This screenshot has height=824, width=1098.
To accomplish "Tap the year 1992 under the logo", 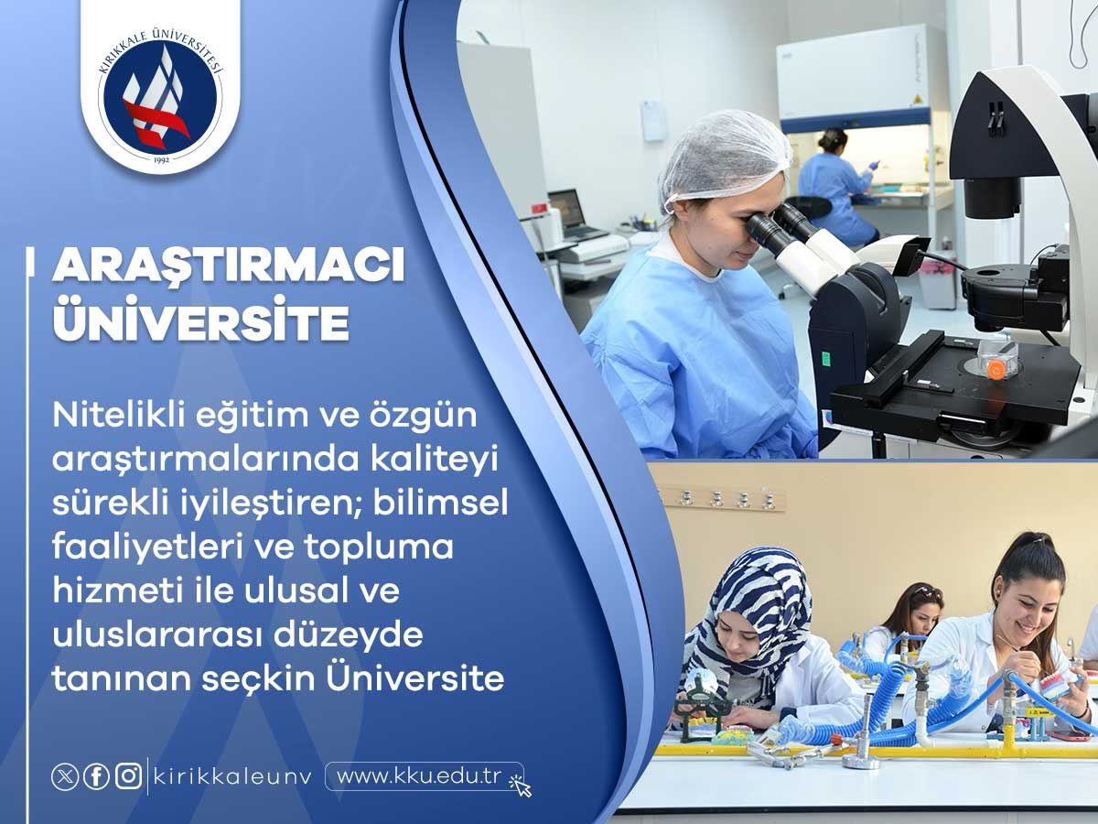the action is pyautogui.click(x=162, y=159).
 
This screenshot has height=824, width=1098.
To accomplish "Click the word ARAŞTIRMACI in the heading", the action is pyautogui.click(x=229, y=266).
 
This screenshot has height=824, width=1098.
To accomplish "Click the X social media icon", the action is pyautogui.click(x=65, y=777).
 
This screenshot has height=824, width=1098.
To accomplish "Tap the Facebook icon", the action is pyautogui.click(x=97, y=777).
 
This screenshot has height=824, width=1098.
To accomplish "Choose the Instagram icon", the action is pyautogui.click(x=129, y=776).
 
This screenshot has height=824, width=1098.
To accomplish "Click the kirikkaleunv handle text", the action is pyautogui.click(x=232, y=777).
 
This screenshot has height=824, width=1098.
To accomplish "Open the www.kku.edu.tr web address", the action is pyautogui.click(x=419, y=776).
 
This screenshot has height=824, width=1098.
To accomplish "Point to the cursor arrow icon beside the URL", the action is pyautogui.click(x=521, y=786).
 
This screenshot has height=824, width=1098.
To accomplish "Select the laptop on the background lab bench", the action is pyautogui.click(x=572, y=215).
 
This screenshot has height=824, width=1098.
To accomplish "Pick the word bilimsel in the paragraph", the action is pyautogui.click(x=440, y=503).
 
